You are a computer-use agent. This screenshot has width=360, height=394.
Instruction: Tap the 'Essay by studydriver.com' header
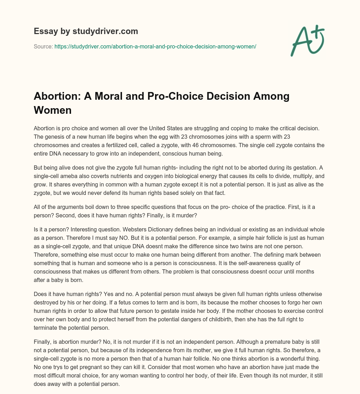(x=86, y=31)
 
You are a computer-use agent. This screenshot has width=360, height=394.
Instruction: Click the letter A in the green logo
(x=300, y=42)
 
